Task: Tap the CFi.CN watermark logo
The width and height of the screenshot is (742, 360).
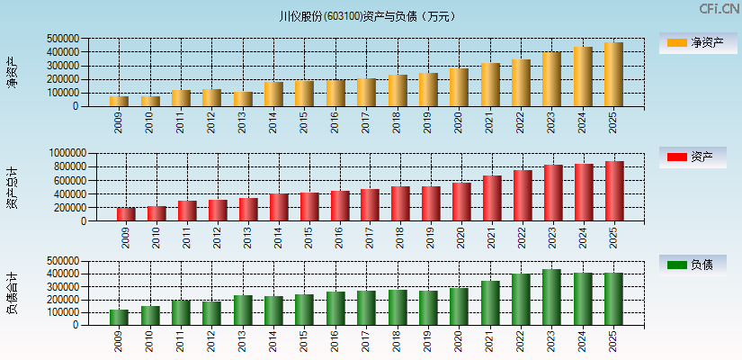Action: (x=720, y=9)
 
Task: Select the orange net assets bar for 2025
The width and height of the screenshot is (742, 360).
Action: (x=613, y=75)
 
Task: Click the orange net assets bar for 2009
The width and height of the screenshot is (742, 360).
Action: (x=119, y=101)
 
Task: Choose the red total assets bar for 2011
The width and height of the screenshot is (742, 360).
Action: (x=187, y=211)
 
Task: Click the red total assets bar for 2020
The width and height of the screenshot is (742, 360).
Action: (x=461, y=202)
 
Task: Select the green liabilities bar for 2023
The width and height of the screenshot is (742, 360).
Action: (x=551, y=297)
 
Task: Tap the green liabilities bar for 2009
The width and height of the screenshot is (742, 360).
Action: (x=119, y=317)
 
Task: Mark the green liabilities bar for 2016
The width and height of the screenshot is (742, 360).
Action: (x=335, y=308)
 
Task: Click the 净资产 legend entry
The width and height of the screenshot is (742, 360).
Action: (x=692, y=42)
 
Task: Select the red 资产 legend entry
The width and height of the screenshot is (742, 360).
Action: (x=692, y=157)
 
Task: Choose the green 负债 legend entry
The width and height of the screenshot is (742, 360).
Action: (x=692, y=265)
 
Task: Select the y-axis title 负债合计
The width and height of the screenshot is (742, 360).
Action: (x=13, y=292)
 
